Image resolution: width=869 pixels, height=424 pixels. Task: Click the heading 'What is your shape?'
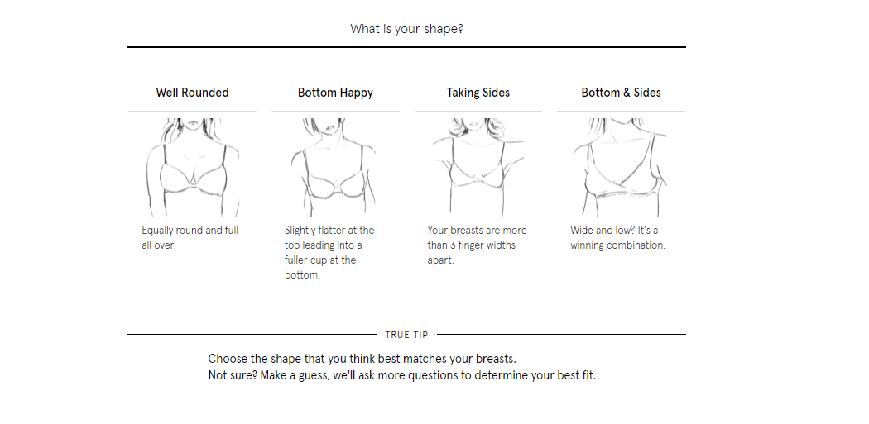point(406,29)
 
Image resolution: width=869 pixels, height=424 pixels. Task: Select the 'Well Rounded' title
point(192,93)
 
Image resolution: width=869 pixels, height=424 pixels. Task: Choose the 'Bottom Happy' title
point(335,93)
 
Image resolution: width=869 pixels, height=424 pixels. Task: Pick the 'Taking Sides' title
point(478,93)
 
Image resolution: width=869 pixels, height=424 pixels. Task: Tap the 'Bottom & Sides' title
point(622,93)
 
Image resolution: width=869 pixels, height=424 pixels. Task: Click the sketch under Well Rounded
point(193,167)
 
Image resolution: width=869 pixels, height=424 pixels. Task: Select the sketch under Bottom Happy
point(334,167)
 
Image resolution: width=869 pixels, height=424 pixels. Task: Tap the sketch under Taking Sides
point(478,167)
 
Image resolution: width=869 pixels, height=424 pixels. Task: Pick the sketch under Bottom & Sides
point(621,167)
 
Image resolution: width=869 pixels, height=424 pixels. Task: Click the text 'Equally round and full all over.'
point(190,237)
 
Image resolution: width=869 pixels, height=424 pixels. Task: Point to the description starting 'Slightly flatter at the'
point(329,252)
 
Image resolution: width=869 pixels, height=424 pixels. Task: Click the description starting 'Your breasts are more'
point(477,245)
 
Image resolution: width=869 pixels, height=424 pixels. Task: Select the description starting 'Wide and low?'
point(617,237)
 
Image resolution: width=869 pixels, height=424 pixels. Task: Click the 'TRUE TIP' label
point(407,335)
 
